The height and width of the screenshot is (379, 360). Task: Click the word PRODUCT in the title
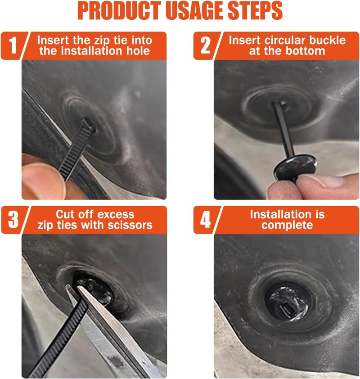coord(119,11)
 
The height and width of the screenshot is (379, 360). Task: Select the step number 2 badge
coord(205,45)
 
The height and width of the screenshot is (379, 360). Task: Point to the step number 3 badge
coord(13,220)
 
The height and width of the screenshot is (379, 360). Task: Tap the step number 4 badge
coord(205,220)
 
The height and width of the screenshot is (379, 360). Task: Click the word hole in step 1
coord(138,51)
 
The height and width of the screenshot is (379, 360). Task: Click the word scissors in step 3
coord(130,225)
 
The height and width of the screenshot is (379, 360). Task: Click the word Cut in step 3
coord(64,215)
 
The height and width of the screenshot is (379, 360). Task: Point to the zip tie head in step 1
coord(89,125)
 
